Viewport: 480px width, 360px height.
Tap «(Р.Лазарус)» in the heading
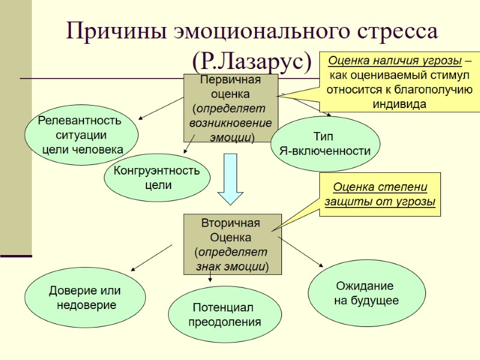(x=252, y=60)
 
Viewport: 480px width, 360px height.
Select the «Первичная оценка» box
(x=230, y=108)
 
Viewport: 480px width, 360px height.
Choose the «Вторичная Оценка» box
(x=232, y=244)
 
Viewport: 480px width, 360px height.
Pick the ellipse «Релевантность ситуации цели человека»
(x=82, y=135)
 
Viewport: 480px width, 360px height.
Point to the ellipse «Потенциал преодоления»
(x=224, y=314)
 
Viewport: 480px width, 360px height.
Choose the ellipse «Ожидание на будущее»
(x=366, y=293)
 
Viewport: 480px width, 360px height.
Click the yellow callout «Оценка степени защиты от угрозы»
(x=380, y=194)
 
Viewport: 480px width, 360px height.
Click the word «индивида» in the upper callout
(x=399, y=103)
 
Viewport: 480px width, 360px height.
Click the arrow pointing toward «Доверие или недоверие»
(x=152, y=257)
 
